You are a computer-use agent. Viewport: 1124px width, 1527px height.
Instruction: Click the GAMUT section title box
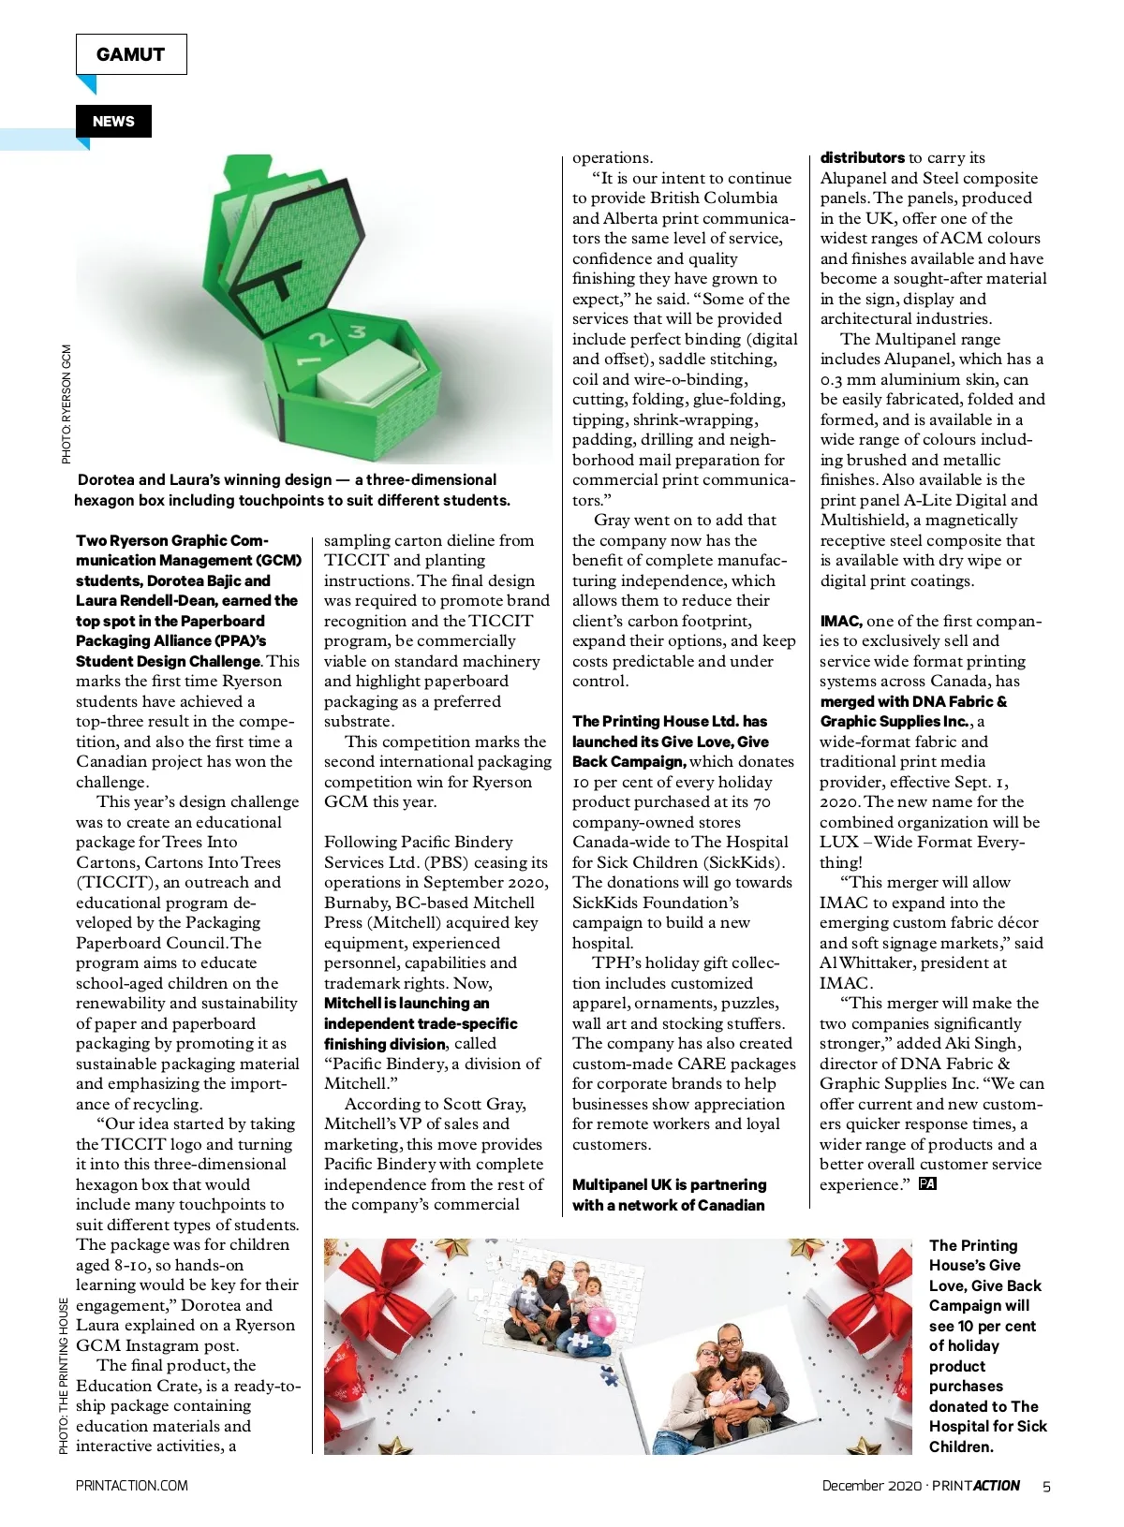tap(131, 54)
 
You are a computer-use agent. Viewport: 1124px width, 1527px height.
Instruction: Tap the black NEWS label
tap(113, 122)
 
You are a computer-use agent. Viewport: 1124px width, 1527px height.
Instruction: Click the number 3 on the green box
tap(357, 331)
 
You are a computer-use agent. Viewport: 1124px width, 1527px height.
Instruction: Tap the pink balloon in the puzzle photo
tap(600, 1322)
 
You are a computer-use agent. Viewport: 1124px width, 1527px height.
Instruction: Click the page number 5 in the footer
tap(1046, 1486)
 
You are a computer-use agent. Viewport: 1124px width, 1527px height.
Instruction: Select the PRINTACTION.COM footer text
tap(131, 1486)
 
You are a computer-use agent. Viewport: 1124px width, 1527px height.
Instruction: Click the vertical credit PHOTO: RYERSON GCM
tap(67, 404)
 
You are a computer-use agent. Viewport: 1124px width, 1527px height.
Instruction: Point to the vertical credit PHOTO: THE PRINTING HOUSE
tap(64, 1375)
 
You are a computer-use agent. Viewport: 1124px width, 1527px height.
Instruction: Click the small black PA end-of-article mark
tap(927, 1183)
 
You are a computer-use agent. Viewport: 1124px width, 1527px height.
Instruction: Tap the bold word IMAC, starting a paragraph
tap(840, 621)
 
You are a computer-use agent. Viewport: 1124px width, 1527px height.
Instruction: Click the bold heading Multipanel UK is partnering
tap(669, 1184)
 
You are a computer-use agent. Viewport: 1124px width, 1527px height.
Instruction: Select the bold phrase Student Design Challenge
tap(168, 661)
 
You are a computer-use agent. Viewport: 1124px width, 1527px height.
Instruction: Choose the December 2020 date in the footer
tap(871, 1486)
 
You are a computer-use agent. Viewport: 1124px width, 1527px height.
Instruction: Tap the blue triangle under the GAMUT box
tap(87, 84)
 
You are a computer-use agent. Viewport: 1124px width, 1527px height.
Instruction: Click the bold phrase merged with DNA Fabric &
tap(913, 701)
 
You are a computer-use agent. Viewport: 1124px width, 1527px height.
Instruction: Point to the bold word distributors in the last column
tap(862, 157)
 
